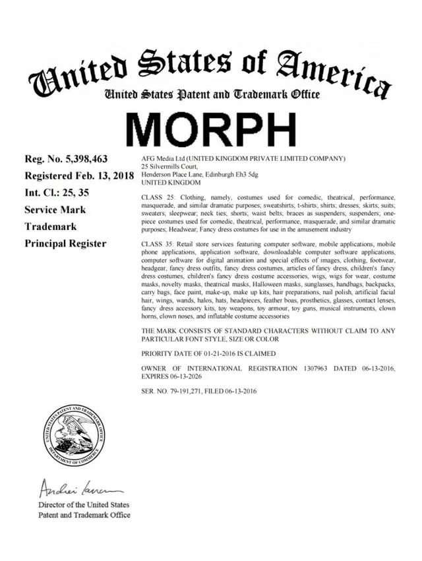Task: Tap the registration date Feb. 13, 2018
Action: tap(100, 176)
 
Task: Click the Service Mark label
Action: tap(55, 210)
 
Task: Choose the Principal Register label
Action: tap(65, 243)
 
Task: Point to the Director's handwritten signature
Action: tap(73, 488)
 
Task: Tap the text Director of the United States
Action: tap(84, 505)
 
